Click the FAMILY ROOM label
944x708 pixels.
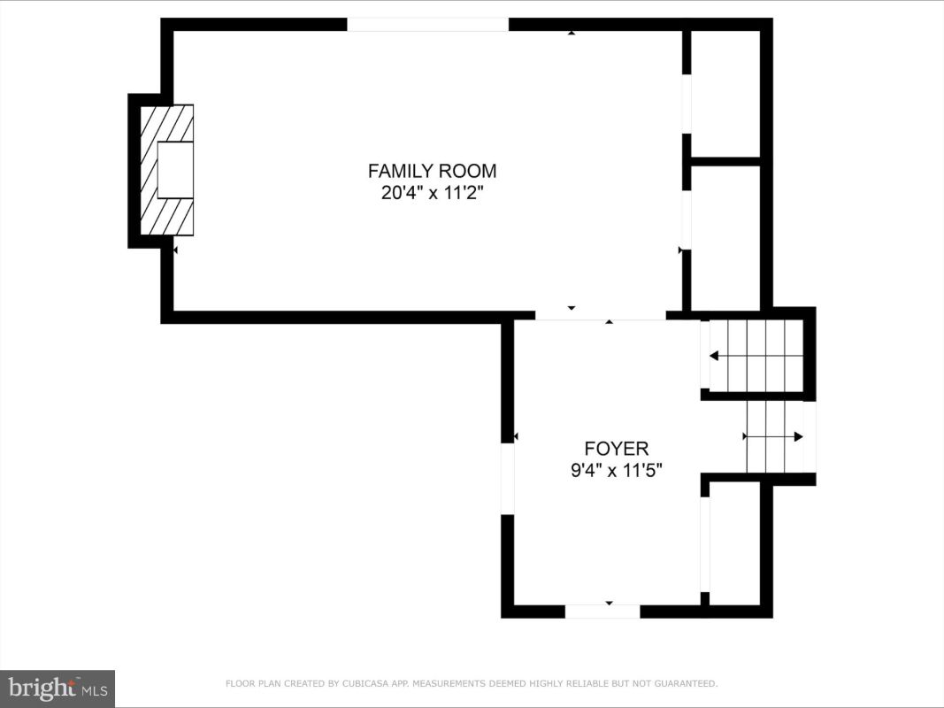pyautogui.click(x=433, y=171)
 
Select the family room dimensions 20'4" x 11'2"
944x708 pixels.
pyautogui.click(x=433, y=193)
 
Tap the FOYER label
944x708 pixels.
pyautogui.click(x=617, y=449)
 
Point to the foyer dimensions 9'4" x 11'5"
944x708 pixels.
pyautogui.click(x=617, y=470)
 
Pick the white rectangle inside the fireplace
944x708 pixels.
pyautogui.click(x=175, y=170)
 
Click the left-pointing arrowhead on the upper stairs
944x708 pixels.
pyautogui.click(x=714, y=356)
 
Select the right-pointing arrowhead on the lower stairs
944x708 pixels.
pyautogui.click(x=798, y=436)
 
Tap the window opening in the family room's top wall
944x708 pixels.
pyautogui.click(x=428, y=24)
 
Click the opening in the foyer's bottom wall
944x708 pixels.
pyautogui.click(x=602, y=612)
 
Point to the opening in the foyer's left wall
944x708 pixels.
pyautogui.click(x=508, y=479)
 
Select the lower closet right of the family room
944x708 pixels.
pyautogui.click(x=725, y=238)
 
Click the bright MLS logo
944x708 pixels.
pyautogui.click(x=58, y=689)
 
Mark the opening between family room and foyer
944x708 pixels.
pyautogui.click(x=600, y=315)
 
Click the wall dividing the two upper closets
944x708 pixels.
pyautogui.click(x=725, y=161)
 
